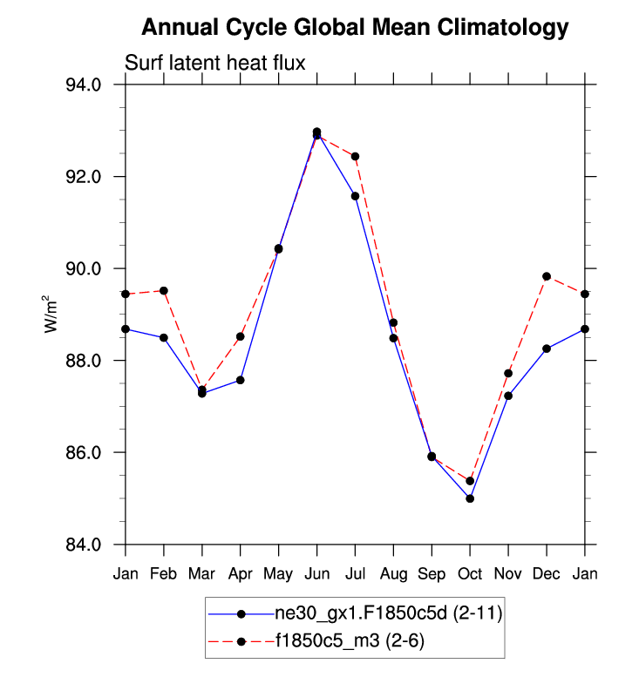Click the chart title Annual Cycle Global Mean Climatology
(354, 28)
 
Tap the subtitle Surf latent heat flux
(214, 63)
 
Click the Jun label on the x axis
(316, 573)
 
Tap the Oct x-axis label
(470, 573)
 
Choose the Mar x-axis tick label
(201, 573)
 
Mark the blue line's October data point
(470, 498)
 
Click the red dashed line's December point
(547, 276)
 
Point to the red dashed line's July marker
(355, 156)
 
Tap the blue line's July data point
(355, 196)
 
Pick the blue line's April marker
(240, 380)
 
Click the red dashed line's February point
(164, 290)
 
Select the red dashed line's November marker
(508, 373)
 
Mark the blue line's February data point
(164, 337)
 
